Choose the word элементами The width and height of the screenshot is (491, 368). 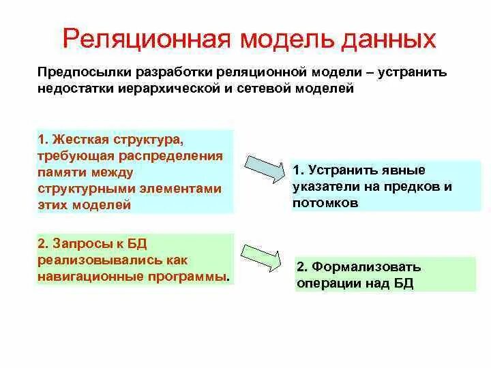pyautogui.click(x=185, y=188)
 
